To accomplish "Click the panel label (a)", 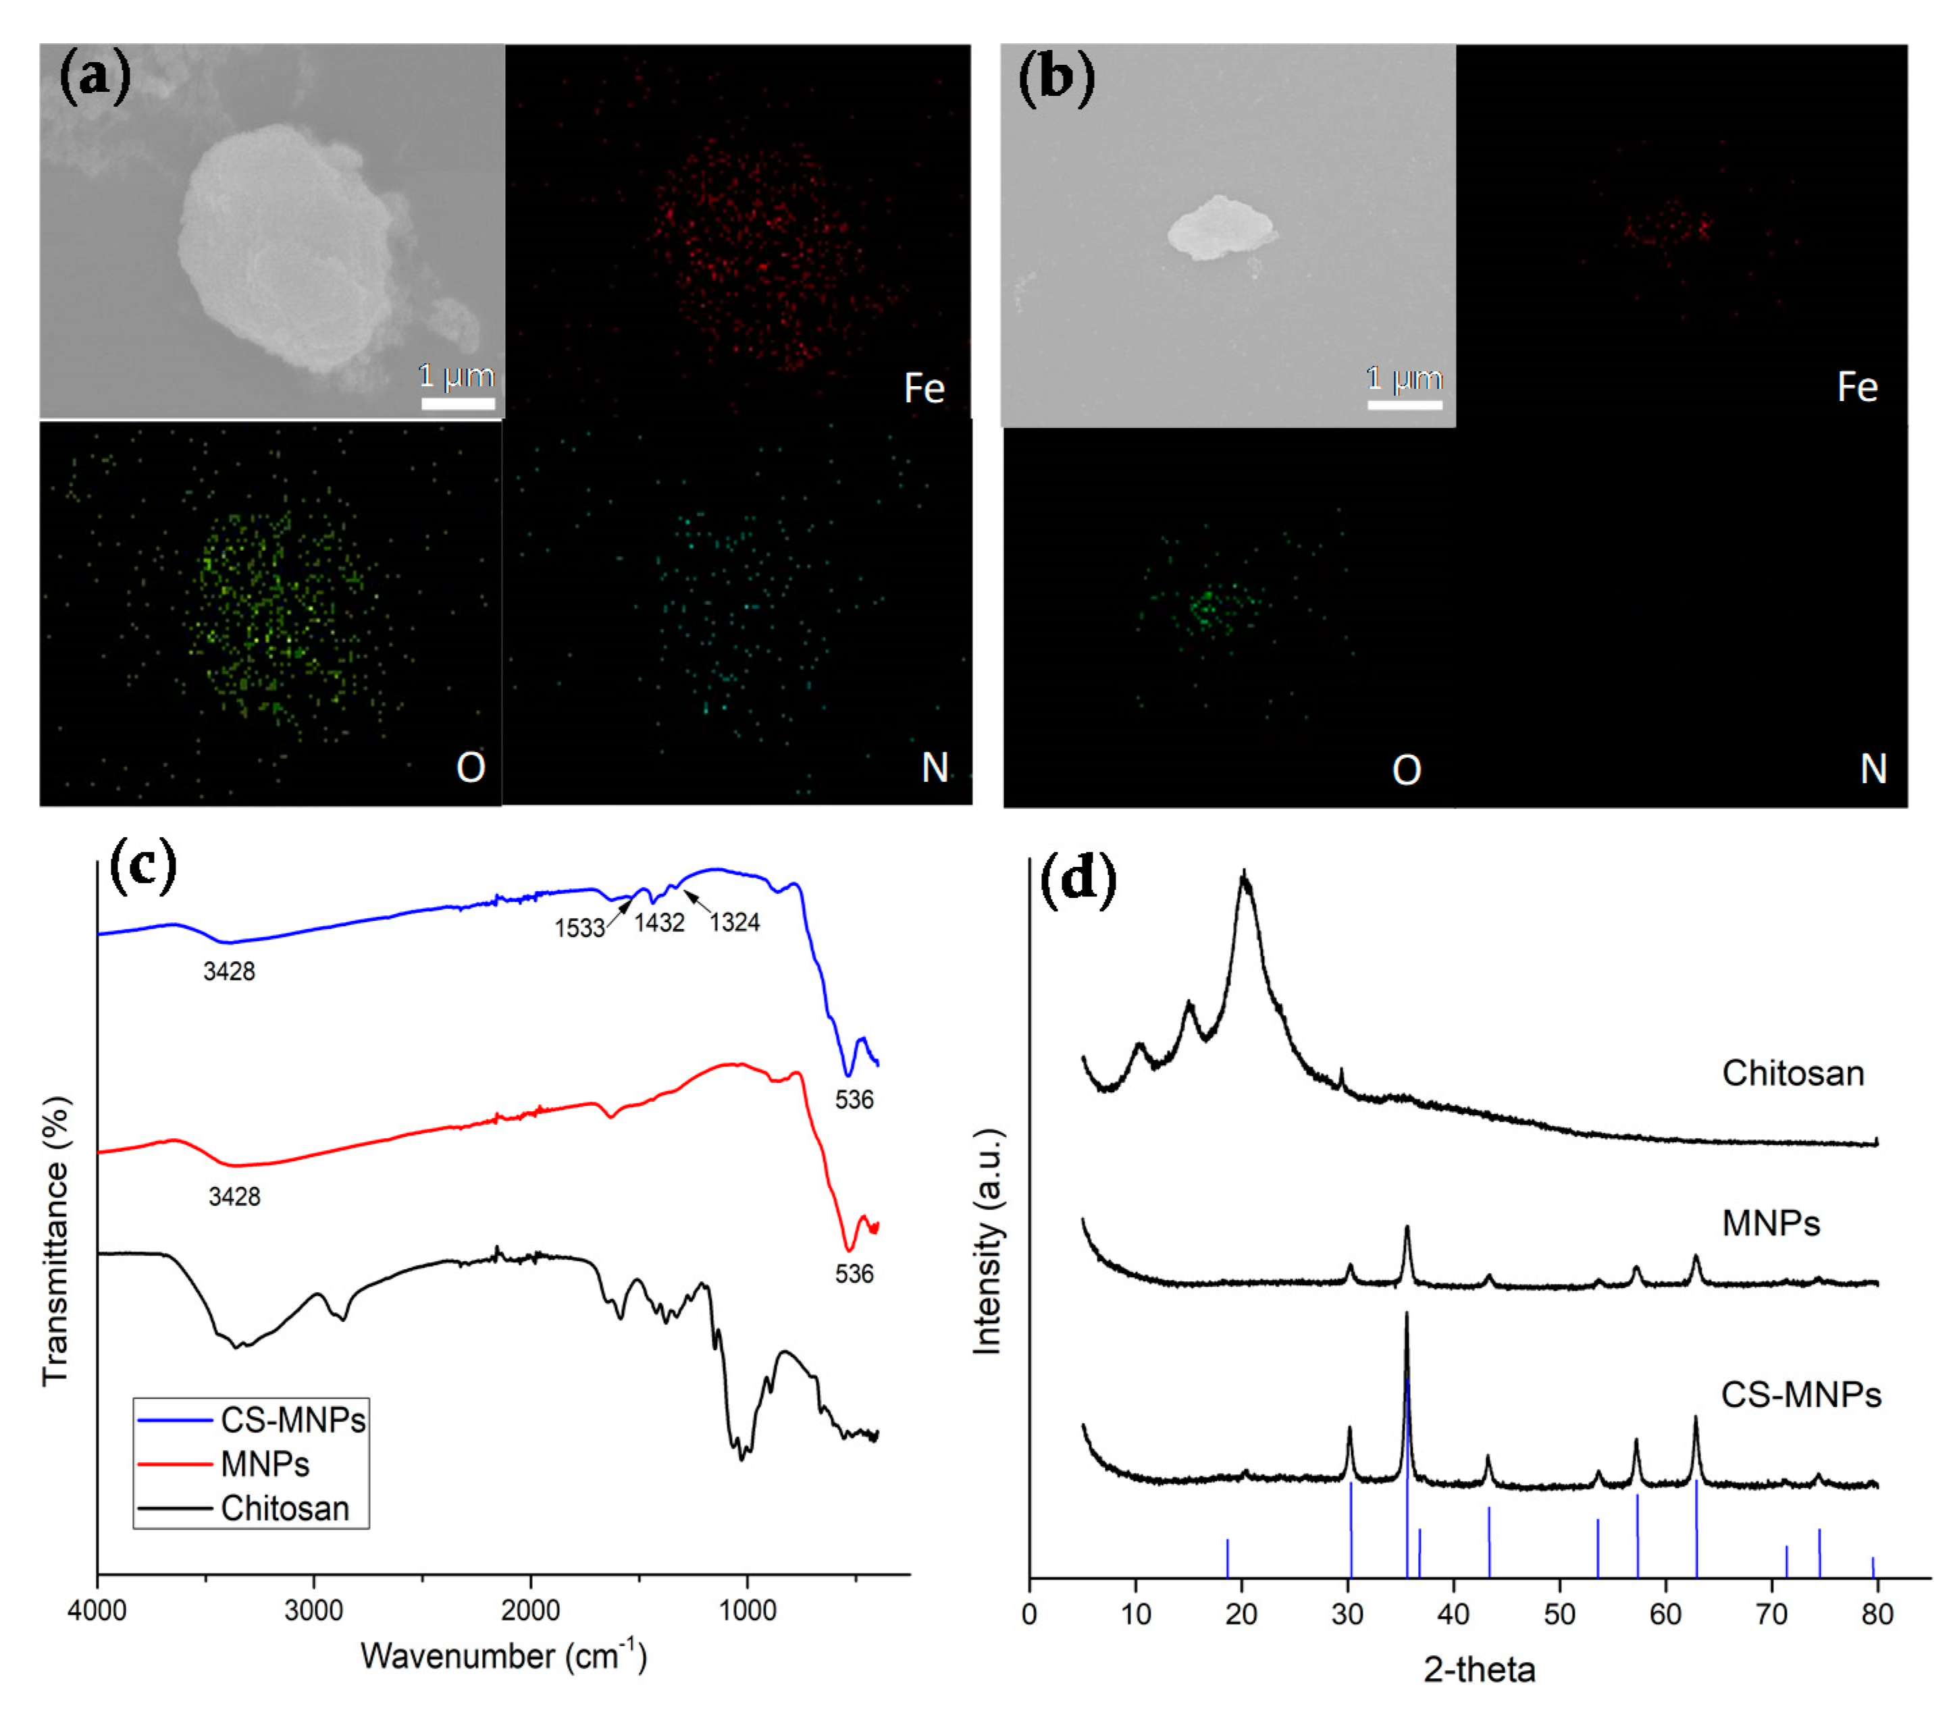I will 95,78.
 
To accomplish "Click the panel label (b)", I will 1056,78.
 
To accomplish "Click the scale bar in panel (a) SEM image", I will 458,403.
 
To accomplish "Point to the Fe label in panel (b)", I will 1856,387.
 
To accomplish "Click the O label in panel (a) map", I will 470,767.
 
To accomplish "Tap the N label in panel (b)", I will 1873,769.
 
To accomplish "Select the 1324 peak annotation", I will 734,923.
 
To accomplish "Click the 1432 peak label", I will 659,923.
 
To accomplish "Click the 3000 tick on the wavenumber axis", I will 313,1611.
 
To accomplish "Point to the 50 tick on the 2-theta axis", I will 1559,1615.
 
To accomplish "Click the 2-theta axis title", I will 1479,1670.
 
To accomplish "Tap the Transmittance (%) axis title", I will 55,1240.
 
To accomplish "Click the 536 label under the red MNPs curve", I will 854,1273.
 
